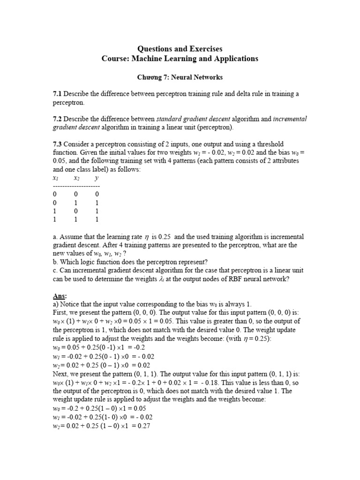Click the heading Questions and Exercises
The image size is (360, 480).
pos(180,49)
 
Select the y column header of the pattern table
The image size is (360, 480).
pos(97,178)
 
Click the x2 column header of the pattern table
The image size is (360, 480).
pos(76,178)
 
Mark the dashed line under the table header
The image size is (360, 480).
pos(76,186)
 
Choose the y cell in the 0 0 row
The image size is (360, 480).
pos(97,195)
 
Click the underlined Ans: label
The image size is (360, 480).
pos(60,296)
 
